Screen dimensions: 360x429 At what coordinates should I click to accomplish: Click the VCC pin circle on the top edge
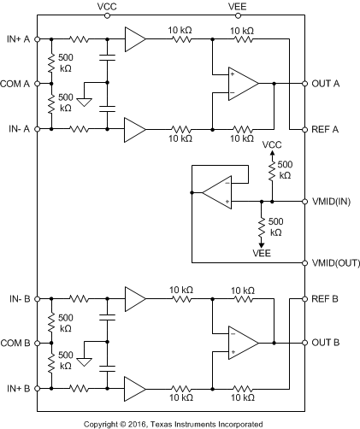pos(107,15)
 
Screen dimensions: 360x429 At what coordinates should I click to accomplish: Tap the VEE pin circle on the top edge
pos(238,15)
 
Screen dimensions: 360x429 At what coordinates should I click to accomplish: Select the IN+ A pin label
pos(18,39)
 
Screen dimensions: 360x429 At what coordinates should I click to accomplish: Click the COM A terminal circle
pos(37,84)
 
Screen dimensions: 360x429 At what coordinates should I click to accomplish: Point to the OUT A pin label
pos(326,84)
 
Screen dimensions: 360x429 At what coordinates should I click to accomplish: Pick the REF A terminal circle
pos(305,130)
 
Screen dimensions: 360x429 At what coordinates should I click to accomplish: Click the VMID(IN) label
pos(331,202)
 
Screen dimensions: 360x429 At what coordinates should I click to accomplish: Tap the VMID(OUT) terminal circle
pos(305,262)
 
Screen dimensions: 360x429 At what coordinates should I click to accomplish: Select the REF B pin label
pos(325,299)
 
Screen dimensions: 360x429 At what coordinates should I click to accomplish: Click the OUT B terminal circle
pos(305,343)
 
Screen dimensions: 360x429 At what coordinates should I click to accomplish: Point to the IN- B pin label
pos(20,299)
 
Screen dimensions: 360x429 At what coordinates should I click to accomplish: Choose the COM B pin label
pos(15,343)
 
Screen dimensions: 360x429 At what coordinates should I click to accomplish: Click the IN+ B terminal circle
pos(37,388)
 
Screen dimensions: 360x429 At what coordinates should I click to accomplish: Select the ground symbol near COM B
pos(85,362)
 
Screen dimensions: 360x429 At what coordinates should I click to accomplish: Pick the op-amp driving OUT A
pos(242,84)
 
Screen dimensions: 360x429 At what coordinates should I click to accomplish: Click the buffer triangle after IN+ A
pos(134,39)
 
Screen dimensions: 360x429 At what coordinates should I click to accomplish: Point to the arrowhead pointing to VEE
pos(262,245)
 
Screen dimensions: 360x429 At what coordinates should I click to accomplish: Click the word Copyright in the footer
pos(102,425)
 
